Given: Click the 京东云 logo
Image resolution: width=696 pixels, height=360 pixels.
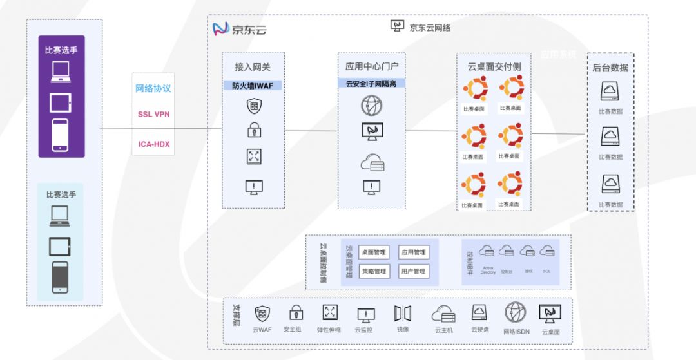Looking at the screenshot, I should point(239,29).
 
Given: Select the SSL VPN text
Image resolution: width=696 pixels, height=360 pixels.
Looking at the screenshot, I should point(153,114).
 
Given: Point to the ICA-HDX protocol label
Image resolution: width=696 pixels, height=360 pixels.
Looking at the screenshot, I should point(154,144).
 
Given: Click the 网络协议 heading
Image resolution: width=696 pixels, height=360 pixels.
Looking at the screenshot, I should point(153,88).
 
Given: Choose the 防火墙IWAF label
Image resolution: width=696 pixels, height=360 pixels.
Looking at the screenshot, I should point(253,85).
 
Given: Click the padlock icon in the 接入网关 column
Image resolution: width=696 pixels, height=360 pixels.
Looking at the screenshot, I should point(254,131).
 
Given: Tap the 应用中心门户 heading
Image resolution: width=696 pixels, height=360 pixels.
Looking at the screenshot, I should point(372,66).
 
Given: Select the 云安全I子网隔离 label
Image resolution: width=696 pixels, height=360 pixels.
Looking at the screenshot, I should point(371,83).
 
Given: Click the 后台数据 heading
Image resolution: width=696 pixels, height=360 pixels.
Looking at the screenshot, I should point(610,68).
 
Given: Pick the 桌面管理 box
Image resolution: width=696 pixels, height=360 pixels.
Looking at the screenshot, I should point(374,252).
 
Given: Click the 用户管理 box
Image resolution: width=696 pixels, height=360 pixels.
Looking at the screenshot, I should point(413,272).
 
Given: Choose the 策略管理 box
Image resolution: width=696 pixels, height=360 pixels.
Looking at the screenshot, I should point(374,272).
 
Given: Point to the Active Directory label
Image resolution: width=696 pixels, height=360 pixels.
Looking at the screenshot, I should point(488,270).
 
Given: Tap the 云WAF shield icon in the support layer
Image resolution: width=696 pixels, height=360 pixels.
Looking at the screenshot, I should point(262,314).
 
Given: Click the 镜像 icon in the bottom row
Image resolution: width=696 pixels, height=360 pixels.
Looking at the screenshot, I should point(403,314).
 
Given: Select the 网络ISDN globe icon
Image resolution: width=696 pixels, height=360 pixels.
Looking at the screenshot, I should point(516,312).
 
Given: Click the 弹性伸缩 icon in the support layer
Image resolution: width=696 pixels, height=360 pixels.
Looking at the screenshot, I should point(330,313).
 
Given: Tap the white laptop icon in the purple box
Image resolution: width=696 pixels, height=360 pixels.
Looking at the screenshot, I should point(61,71).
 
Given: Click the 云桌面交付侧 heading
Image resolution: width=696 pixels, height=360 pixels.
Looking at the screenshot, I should point(494,66).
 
